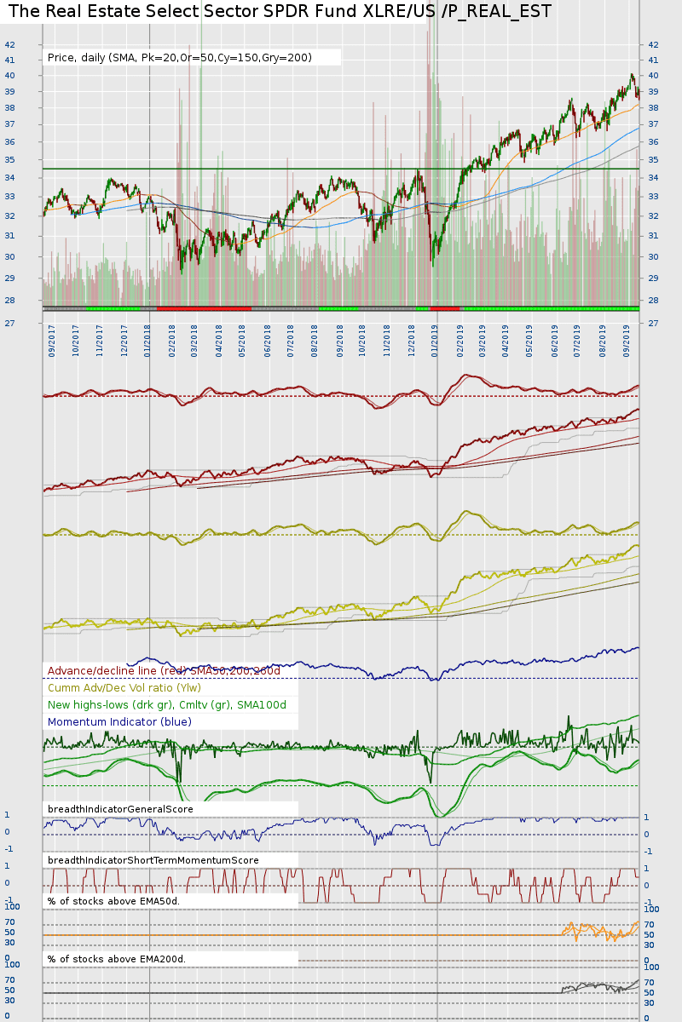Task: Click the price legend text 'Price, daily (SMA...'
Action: point(180,58)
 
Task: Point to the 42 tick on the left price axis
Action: point(9,44)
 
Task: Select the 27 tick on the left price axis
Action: point(9,324)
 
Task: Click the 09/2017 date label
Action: point(52,341)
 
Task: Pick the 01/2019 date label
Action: point(435,341)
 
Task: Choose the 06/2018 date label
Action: point(268,341)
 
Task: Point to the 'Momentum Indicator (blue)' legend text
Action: point(119,722)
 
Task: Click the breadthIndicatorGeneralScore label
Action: point(120,809)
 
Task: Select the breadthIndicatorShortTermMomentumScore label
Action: point(153,860)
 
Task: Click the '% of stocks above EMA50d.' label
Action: point(113,901)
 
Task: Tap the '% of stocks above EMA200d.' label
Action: point(116,959)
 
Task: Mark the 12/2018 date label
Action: point(412,341)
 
